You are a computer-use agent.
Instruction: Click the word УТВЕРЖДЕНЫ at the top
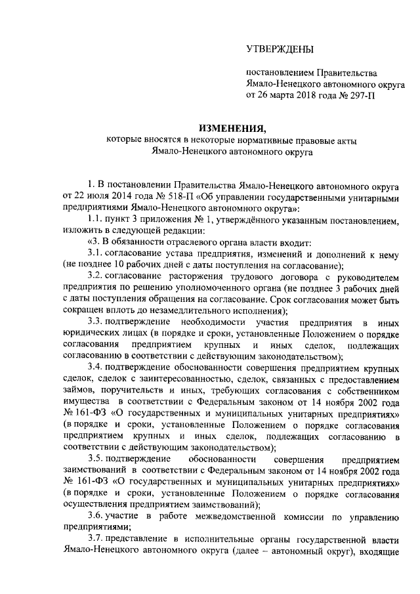click(x=280, y=49)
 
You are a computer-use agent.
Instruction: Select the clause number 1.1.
click(x=96, y=220)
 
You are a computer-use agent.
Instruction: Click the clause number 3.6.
click(x=96, y=499)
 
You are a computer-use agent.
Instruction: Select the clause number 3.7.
click(x=96, y=523)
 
